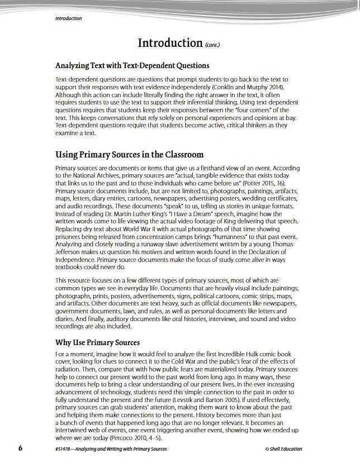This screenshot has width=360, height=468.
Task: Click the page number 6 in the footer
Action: tap(21, 448)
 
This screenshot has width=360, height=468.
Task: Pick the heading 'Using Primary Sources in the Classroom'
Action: tap(129, 154)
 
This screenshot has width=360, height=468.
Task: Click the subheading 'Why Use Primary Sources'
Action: tap(97, 342)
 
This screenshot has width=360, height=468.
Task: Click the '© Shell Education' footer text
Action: tap(284, 449)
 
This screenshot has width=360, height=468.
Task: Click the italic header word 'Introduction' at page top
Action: tap(68, 18)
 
